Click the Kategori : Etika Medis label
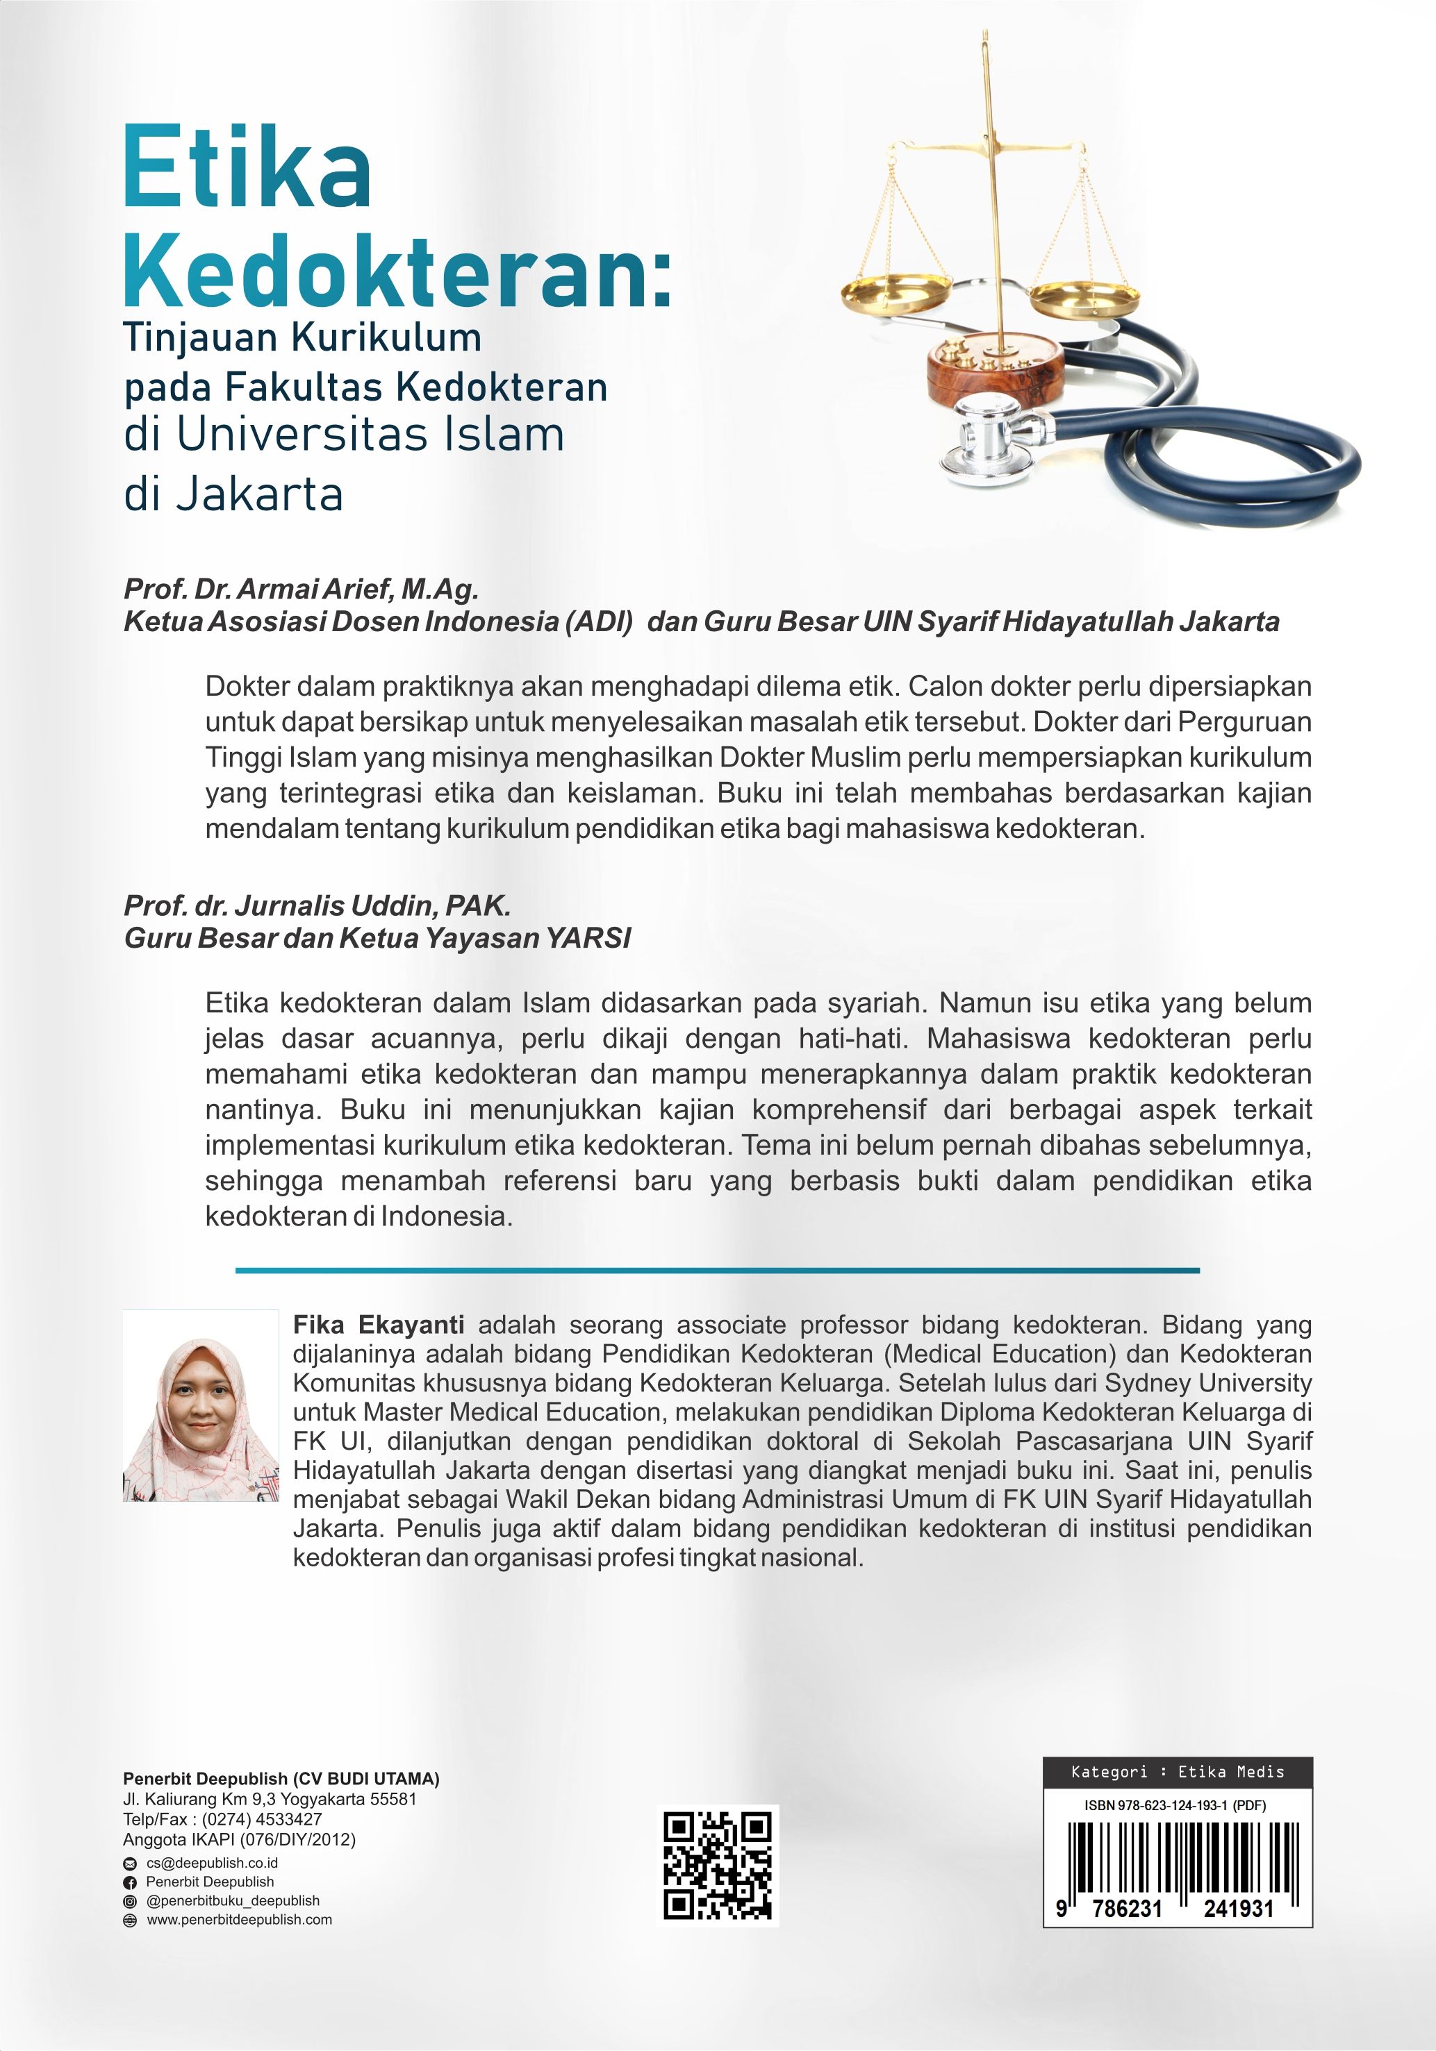[x=1177, y=1771]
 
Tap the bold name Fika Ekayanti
[x=378, y=1325]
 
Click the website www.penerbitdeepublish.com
[x=238, y=1919]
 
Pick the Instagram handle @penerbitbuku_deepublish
[x=232, y=1900]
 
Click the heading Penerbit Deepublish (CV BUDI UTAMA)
[x=281, y=1779]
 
